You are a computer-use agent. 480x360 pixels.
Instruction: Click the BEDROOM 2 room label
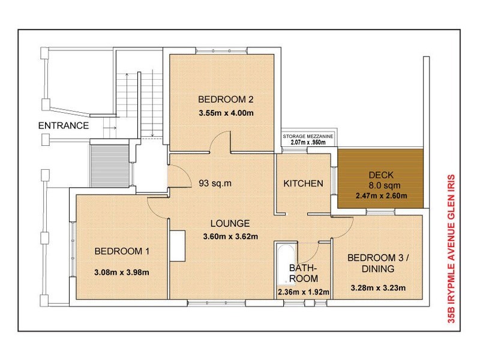click(226, 100)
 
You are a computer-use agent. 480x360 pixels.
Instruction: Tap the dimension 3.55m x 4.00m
click(226, 113)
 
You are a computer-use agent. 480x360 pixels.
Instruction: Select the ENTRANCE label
click(64, 125)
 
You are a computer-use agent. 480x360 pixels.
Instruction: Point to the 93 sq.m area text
click(215, 183)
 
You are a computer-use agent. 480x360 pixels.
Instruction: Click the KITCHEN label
click(303, 184)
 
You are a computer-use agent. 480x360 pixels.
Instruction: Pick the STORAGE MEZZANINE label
click(308, 136)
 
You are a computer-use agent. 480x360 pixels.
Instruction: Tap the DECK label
click(381, 175)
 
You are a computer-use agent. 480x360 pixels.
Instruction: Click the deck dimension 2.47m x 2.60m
click(381, 196)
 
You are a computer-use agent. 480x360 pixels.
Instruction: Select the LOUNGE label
click(230, 223)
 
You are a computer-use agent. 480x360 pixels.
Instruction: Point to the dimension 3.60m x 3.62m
click(230, 236)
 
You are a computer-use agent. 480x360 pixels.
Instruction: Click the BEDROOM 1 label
click(122, 251)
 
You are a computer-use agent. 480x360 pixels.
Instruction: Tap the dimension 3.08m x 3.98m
click(122, 272)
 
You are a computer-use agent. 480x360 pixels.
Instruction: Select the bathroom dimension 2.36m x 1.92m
click(304, 292)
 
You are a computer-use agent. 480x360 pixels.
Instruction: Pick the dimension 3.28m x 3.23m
click(379, 288)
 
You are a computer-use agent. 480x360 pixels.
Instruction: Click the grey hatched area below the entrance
click(110, 166)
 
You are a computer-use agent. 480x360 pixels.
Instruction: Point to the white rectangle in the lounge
click(177, 246)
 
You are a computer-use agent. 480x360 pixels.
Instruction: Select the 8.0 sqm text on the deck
click(385, 185)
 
